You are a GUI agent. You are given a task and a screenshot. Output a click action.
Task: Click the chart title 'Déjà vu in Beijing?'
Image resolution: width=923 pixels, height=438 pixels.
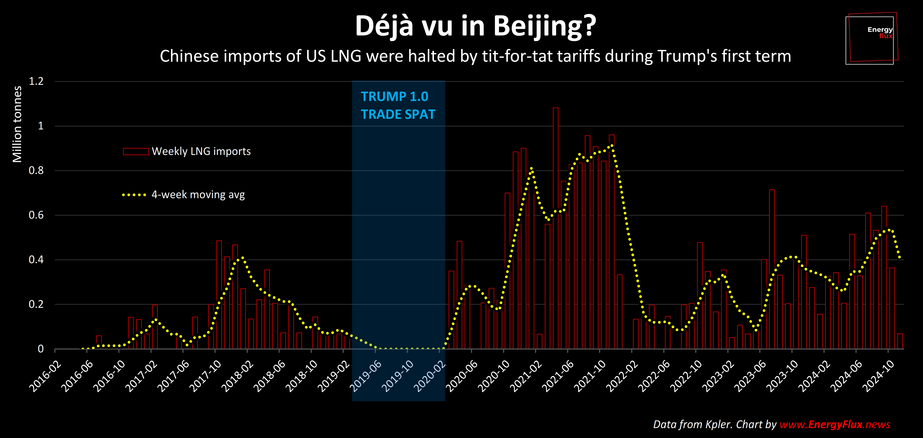coord(475,26)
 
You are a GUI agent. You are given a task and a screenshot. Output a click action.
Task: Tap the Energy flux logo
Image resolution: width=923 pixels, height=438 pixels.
coord(871,39)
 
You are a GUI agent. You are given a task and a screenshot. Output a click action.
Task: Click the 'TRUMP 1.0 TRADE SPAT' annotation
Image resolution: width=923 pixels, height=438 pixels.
coord(398,105)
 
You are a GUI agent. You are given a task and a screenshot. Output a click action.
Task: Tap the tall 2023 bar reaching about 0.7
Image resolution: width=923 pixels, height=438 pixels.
coord(772,269)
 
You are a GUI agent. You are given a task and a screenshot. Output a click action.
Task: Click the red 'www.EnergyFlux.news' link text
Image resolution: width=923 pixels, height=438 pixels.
coord(835,424)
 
